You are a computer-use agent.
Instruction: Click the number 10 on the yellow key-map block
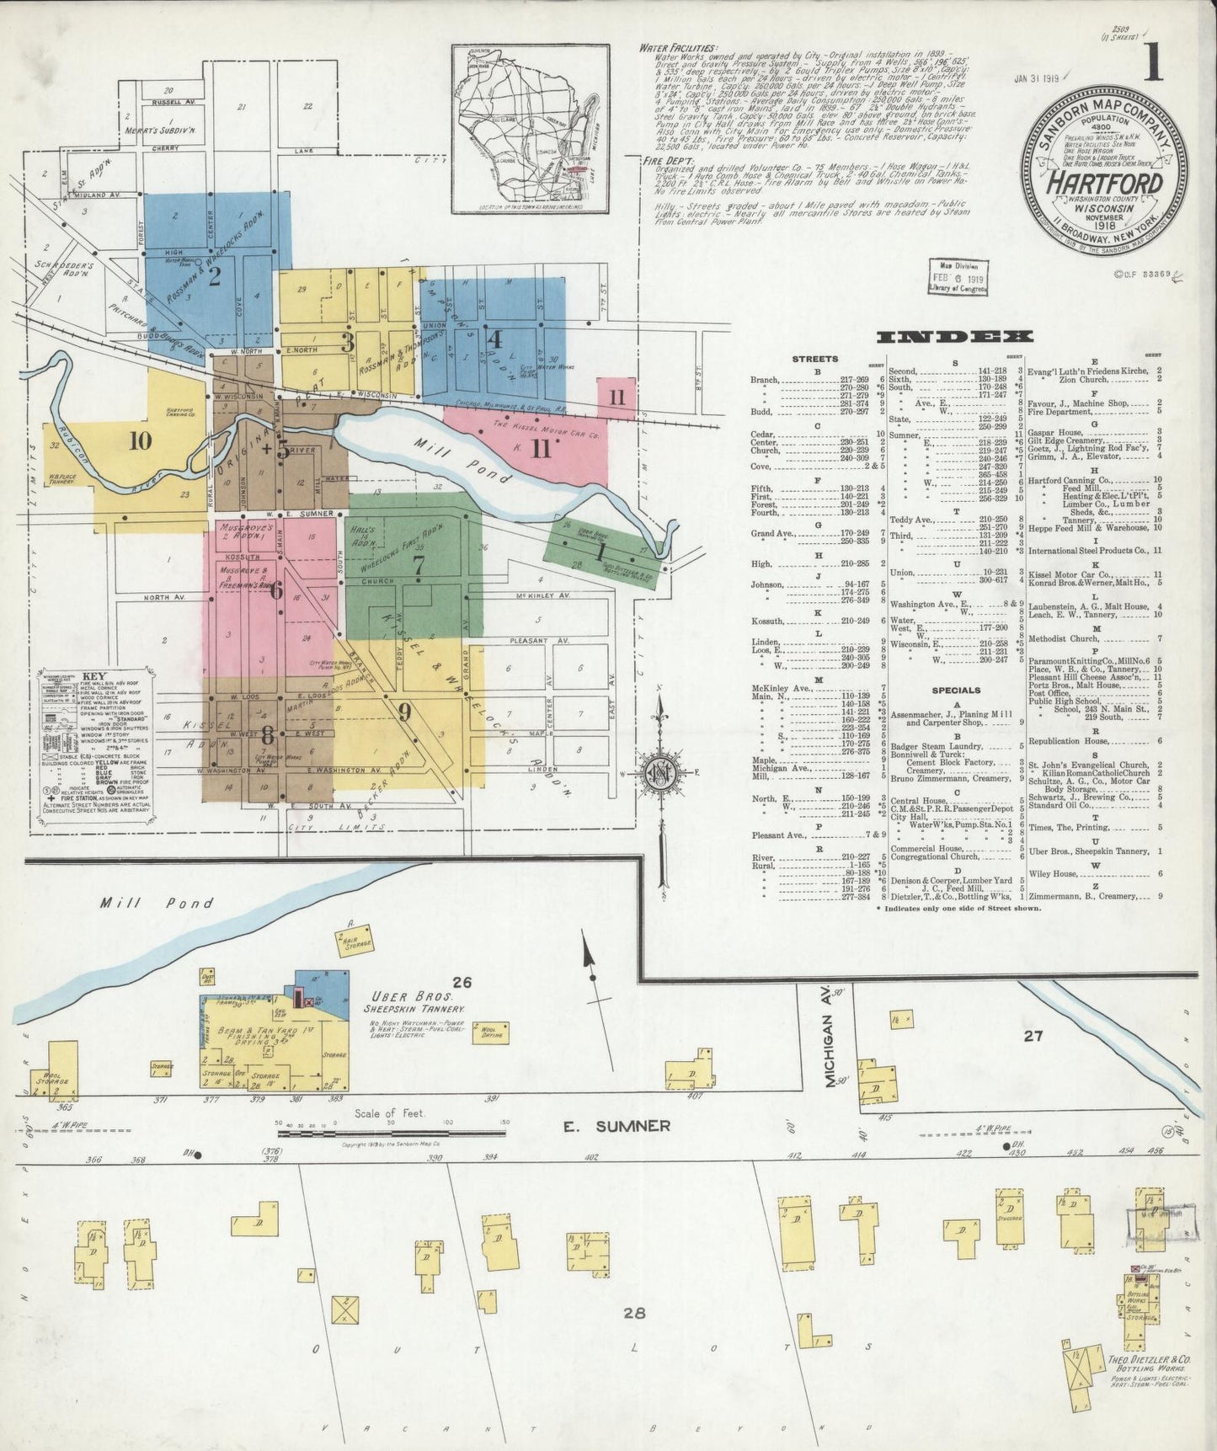click(x=140, y=440)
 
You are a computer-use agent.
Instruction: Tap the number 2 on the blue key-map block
click(x=214, y=276)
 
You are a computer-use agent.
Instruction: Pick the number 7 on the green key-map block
click(x=418, y=566)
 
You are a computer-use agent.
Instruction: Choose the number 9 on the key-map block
click(x=404, y=712)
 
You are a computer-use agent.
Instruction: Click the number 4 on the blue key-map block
click(x=495, y=339)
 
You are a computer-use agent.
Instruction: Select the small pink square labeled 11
click(x=617, y=397)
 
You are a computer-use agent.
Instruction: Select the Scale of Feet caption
click(x=390, y=1113)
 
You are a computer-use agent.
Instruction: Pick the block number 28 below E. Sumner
click(x=634, y=1312)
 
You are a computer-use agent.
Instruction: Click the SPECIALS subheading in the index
click(x=956, y=690)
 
